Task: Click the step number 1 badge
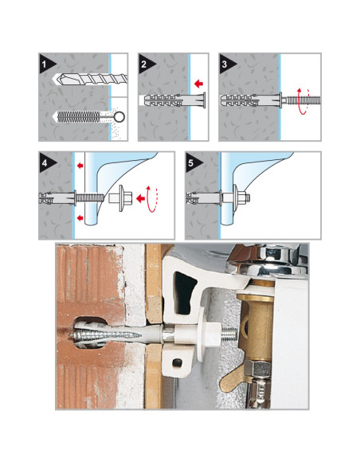[45, 64]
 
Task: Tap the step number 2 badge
[145, 64]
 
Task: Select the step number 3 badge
[225, 64]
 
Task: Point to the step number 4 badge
[45, 162]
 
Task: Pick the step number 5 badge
[192, 162]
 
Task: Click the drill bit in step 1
[89, 80]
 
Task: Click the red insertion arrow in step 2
[198, 84]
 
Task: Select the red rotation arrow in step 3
[303, 101]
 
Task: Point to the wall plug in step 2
[173, 100]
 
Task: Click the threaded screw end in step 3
[301, 100]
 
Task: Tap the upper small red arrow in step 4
[80, 166]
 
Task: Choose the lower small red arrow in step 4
[80, 218]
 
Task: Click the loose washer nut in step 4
[120, 197]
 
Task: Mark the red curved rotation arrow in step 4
[152, 199]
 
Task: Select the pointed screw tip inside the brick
[72, 335]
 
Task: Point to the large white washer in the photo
[201, 334]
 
